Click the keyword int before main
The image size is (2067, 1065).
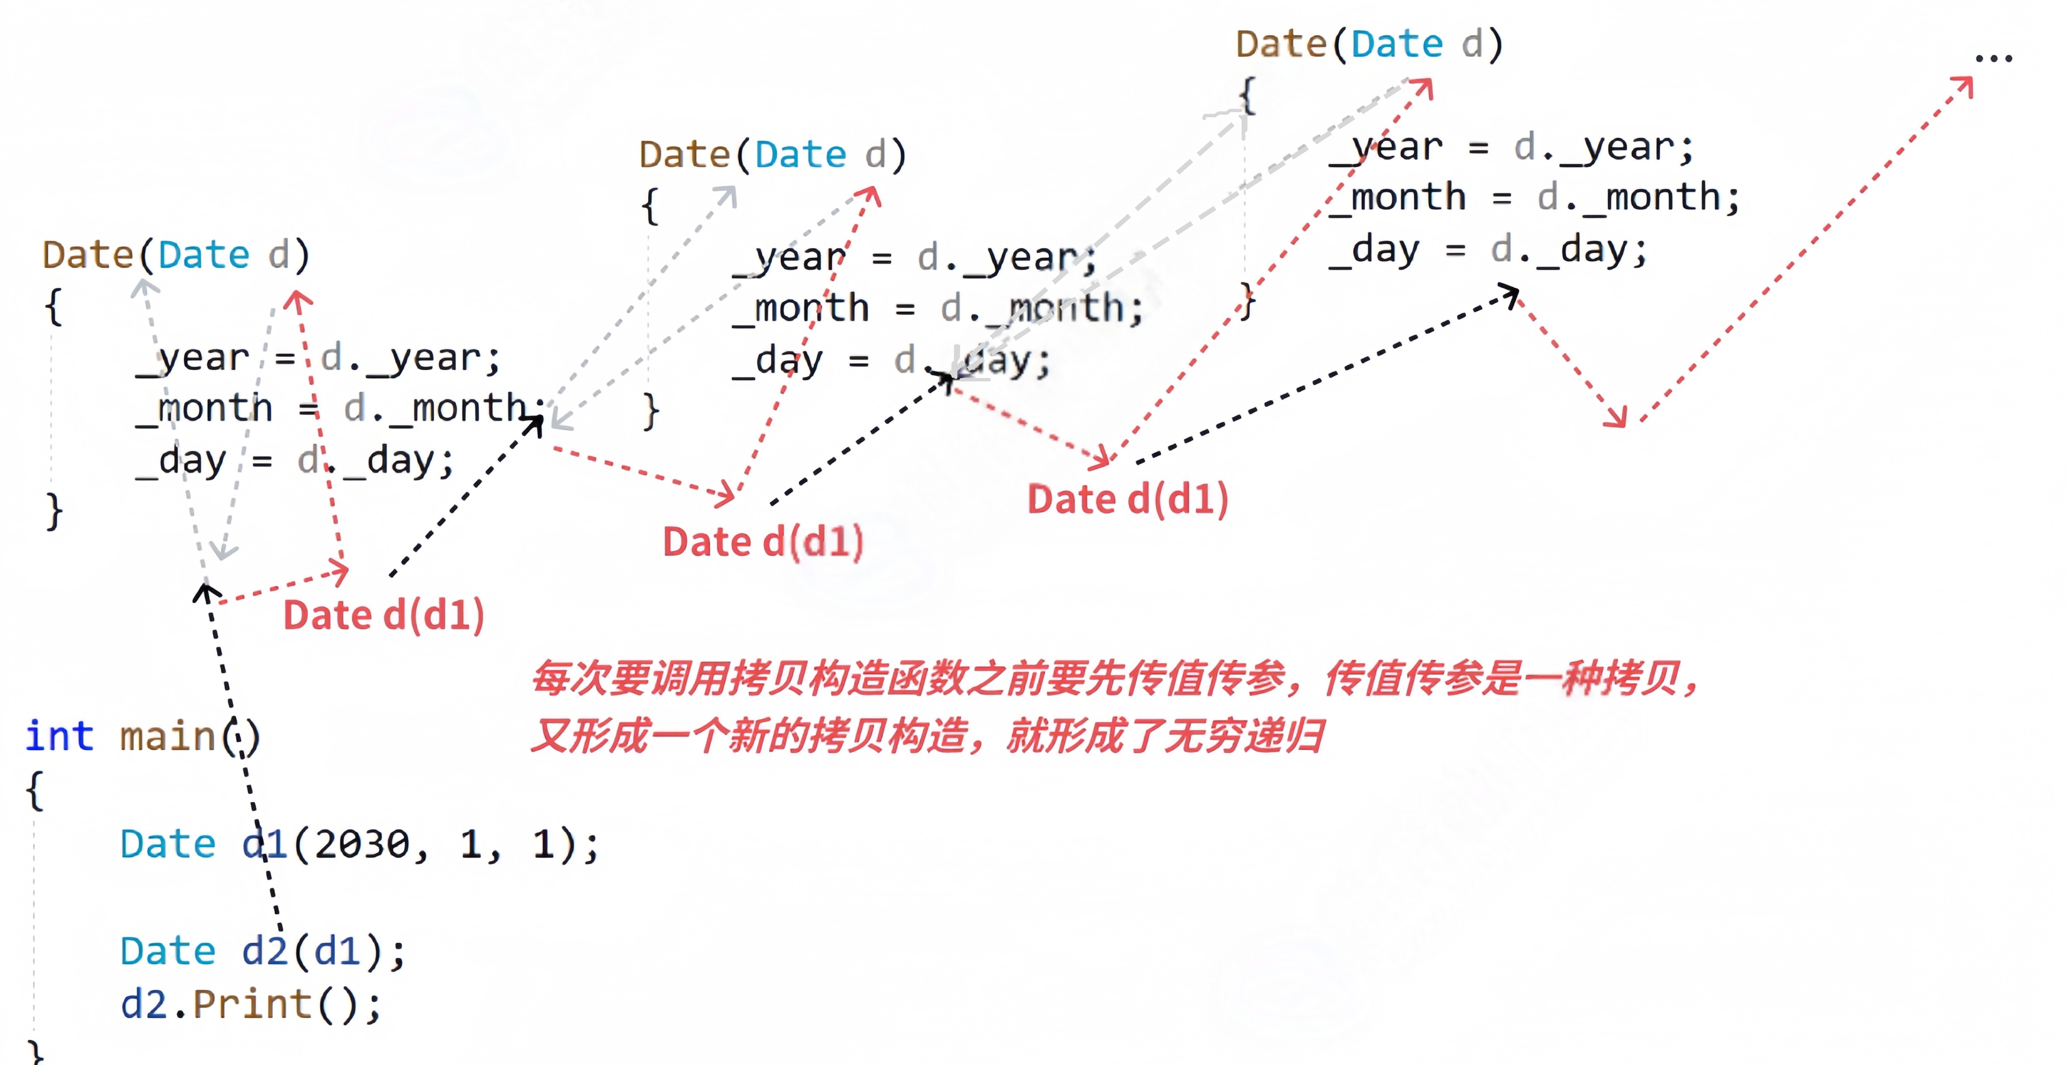59,736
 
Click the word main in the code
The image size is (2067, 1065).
167,736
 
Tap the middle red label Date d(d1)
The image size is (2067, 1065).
762,542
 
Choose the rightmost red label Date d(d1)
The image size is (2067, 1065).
1127,499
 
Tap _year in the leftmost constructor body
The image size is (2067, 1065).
193,358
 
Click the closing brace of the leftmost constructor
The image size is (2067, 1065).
54,511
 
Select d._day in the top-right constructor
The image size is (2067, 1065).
1569,250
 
